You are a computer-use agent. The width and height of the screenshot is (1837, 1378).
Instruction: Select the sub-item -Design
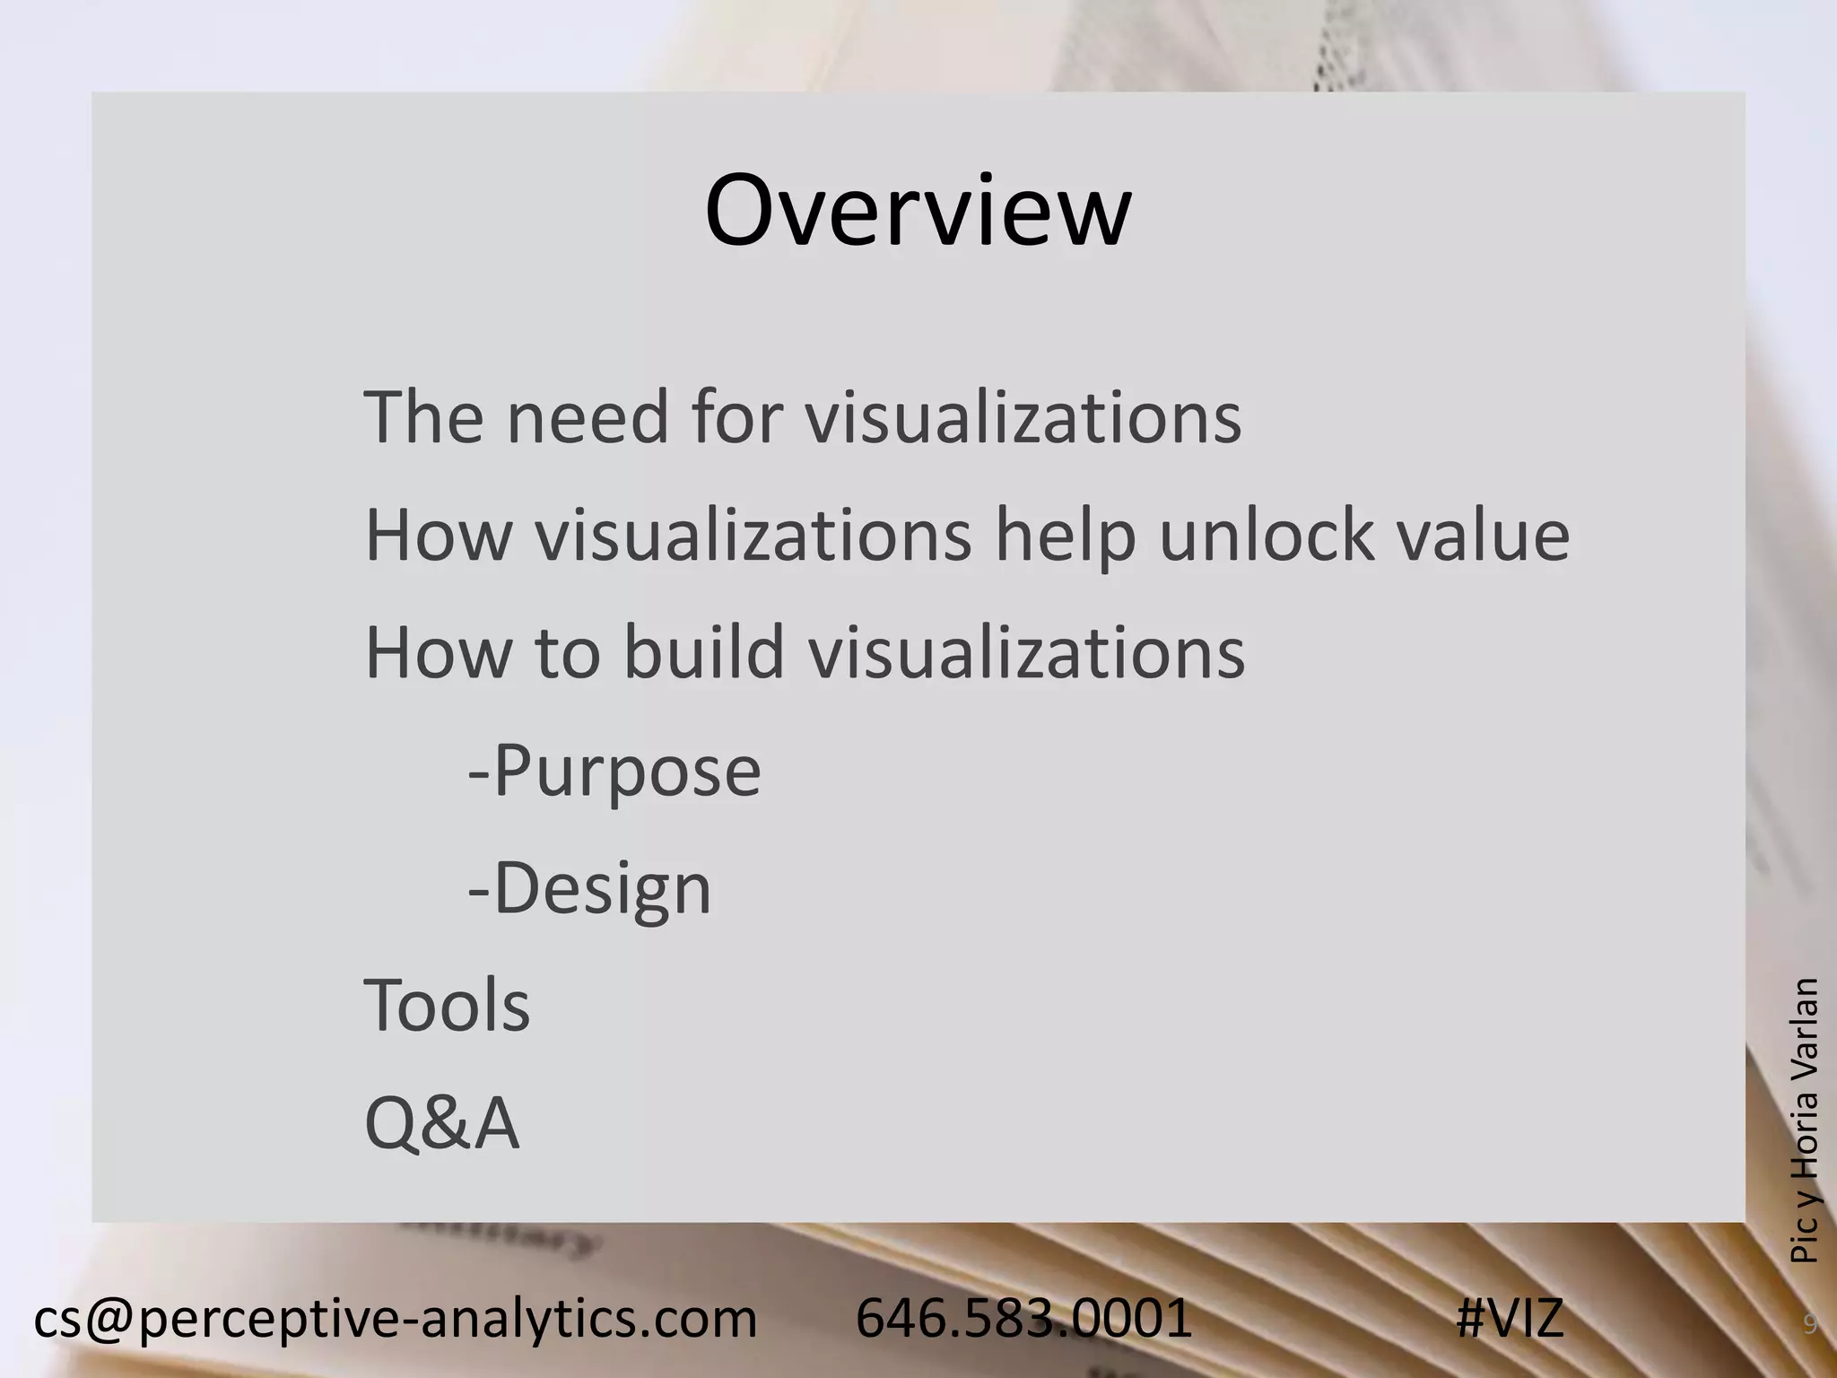(589, 889)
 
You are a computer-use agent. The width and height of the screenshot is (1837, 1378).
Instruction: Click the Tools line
(447, 1006)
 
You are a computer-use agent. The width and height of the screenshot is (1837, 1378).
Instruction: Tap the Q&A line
(441, 1123)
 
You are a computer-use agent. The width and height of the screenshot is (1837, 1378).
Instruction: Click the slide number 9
(1810, 1324)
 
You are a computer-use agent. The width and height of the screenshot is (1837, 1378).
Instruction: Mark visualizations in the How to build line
(1027, 652)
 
